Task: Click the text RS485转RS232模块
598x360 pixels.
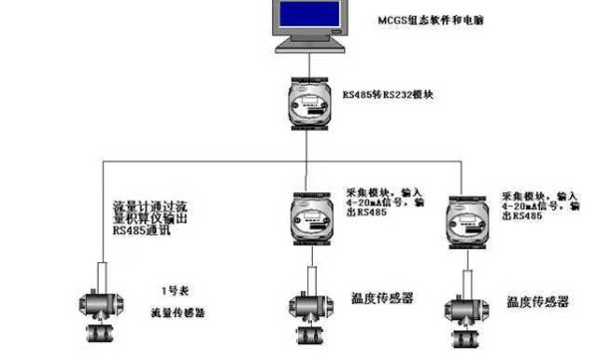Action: (x=392, y=96)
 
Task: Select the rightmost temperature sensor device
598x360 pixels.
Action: (x=464, y=307)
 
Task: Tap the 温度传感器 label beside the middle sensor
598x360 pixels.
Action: (x=383, y=298)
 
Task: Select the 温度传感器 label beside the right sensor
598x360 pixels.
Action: (x=537, y=301)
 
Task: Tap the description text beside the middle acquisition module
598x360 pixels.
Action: (x=383, y=202)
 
